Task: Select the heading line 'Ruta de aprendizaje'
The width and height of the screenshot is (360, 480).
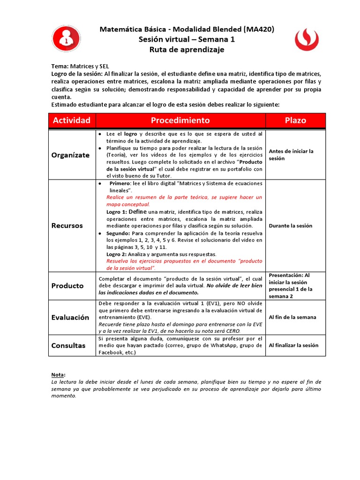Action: (187, 50)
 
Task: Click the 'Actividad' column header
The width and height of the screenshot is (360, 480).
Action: (72, 120)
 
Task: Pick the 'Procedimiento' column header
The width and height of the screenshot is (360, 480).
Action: (180, 120)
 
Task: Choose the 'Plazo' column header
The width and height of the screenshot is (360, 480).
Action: (295, 120)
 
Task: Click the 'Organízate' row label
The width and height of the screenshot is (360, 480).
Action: (70, 155)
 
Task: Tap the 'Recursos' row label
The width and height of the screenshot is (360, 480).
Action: (67, 225)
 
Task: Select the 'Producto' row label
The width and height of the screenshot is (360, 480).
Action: (67, 285)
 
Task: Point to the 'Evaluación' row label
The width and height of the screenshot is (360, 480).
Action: (70, 317)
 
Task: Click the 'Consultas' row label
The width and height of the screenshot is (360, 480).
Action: (68, 345)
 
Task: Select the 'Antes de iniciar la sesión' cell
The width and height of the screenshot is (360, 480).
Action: (291, 155)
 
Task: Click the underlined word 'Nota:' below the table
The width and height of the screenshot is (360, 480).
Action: (58, 375)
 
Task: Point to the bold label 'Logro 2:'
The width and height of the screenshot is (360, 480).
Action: (117, 254)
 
